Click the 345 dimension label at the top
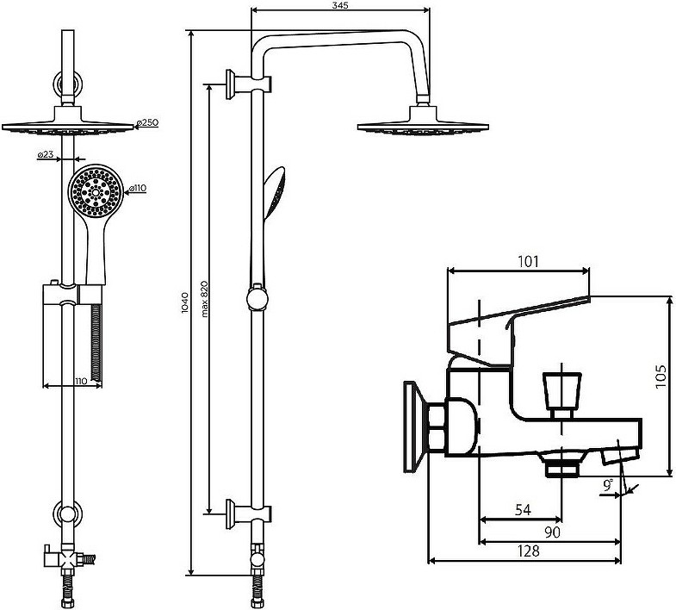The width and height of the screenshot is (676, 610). coord(341,5)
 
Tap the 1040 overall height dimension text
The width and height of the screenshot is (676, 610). coord(185,302)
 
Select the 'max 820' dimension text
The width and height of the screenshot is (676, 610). coord(204,299)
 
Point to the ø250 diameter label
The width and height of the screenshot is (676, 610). coord(147,122)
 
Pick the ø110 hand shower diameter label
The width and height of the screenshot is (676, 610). coord(136,188)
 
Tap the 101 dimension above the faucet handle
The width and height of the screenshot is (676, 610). coord(528,261)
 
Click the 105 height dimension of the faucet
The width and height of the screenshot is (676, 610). coord(660,376)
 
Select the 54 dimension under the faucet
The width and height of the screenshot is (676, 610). coord(523,510)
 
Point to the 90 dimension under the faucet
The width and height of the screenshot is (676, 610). coord(552,532)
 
